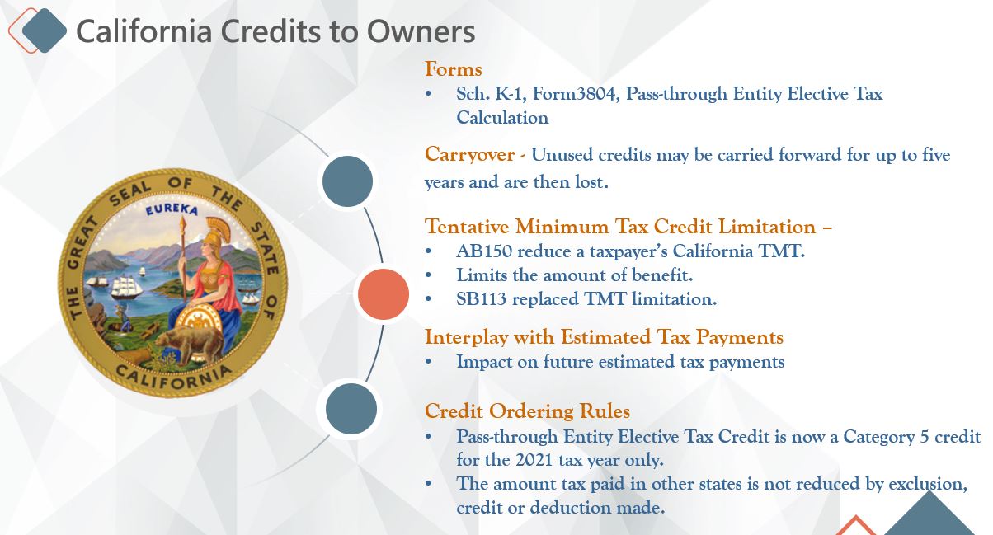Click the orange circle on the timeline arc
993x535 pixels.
tap(384, 294)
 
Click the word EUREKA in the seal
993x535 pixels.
tap(172, 209)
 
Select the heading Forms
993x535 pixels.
tap(453, 69)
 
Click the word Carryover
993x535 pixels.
tap(470, 154)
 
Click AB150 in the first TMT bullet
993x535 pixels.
tap(484, 251)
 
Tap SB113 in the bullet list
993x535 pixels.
tap(482, 299)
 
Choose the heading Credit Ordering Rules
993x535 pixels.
tap(528, 411)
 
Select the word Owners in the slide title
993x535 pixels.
tap(421, 31)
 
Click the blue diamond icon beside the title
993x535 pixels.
tap(45, 31)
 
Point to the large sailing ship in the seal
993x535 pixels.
tap(126, 286)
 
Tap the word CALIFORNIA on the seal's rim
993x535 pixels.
tap(174, 378)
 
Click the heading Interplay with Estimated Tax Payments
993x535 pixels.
tap(605, 337)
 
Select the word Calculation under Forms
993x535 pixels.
tap(503, 118)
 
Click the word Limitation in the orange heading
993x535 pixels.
tap(767, 227)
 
